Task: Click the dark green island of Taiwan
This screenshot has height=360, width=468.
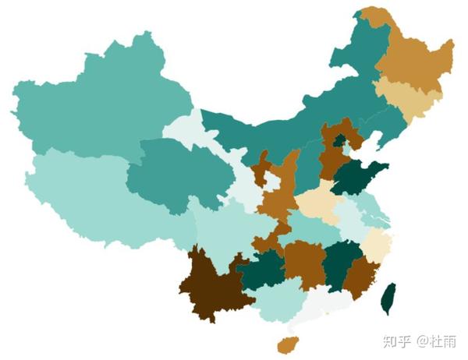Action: click(x=388, y=299)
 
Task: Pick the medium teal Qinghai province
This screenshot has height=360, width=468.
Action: click(x=168, y=175)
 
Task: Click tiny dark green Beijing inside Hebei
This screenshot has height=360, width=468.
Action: click(x=339, y=140)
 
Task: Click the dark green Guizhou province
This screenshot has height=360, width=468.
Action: click(x=261, y=269)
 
